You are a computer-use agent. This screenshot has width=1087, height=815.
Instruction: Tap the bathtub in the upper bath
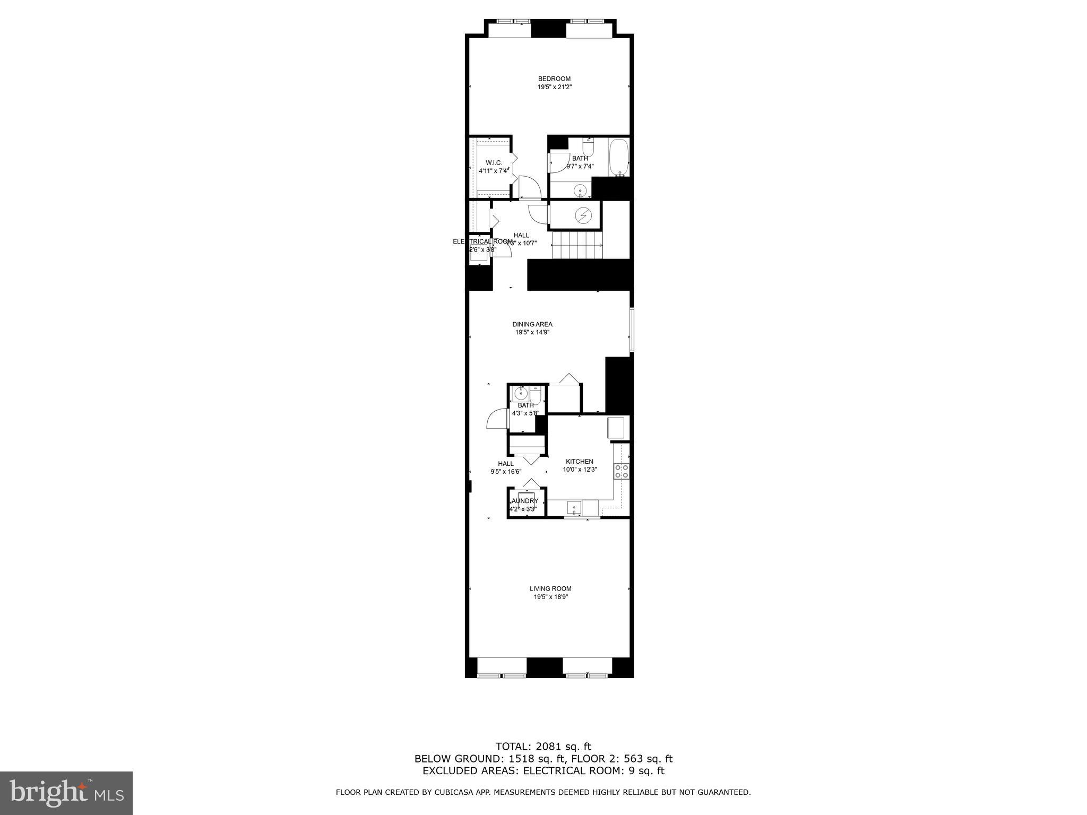point(619,157)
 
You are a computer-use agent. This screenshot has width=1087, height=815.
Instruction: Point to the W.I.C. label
point(494,162)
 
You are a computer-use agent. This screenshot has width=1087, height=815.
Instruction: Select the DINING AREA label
point(532,324)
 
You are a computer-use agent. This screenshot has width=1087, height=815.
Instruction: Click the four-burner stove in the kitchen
point(622,471)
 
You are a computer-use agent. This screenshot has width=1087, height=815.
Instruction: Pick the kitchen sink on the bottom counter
point(574,508)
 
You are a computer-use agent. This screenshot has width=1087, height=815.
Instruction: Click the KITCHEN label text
point(579,462)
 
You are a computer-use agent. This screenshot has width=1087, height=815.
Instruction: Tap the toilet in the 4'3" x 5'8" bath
point(534,395)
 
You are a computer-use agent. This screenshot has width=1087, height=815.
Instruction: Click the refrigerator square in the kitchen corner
point(616,428)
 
